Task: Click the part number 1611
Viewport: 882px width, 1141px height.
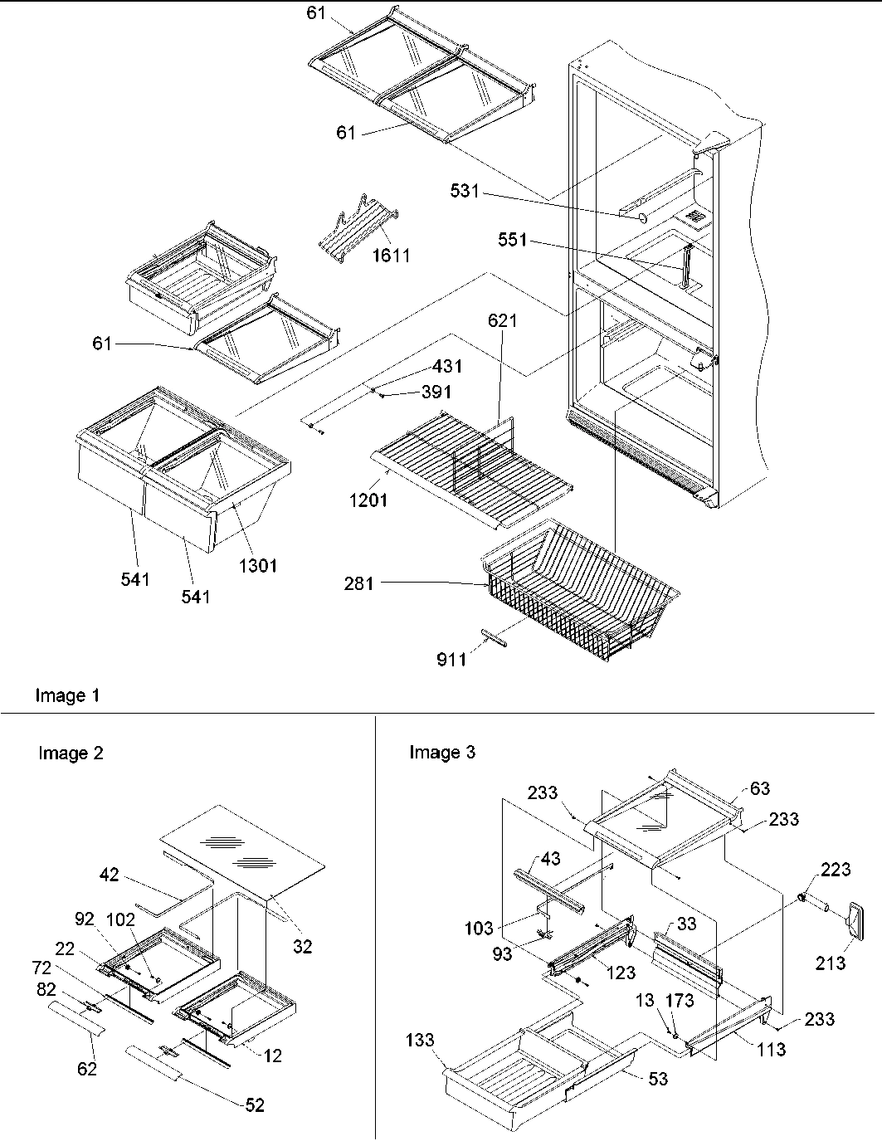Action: tap(390, 255)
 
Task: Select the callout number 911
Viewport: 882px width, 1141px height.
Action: tap(451, 659)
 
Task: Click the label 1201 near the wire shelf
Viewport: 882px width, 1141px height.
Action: tap(368, 500)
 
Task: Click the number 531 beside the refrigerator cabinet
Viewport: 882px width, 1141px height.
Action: tap(465, 191)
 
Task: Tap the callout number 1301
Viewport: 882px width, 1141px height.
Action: tap(258, 566)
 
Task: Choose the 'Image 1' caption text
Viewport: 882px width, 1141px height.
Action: tap(67, 695)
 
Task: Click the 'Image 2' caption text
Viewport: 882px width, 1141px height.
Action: tap(71, 753)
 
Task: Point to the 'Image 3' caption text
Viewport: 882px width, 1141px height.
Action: tap(442, 753)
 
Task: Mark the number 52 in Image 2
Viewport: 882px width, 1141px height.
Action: tap(255, 1104)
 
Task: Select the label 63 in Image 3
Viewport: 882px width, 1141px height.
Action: tap(760, 788)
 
